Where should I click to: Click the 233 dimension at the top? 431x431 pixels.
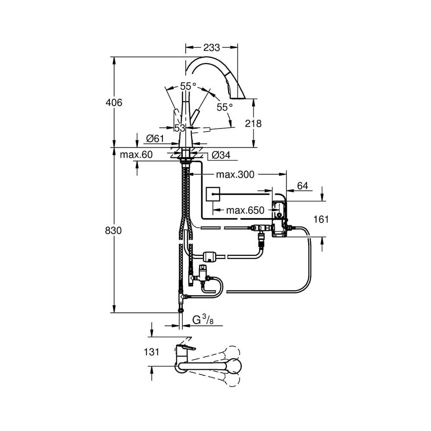(211, 48)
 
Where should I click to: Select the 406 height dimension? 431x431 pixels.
(114, 103)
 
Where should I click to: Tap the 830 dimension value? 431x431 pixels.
(114, 231)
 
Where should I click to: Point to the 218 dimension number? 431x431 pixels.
(253, 124)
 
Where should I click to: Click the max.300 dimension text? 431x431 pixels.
(235, 174)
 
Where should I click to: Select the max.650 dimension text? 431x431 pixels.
(245, 211)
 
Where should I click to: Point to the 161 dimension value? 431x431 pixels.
(321, 219)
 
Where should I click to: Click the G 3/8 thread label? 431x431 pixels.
(202, 320)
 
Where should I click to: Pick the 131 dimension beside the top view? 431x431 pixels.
(152, 352)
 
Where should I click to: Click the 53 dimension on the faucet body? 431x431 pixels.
(179, 128)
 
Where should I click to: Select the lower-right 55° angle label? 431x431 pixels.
(225, 107)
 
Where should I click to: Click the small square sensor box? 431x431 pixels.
(213, 194)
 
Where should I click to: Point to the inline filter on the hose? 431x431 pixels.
(211, 256)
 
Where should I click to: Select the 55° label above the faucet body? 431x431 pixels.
(188, 87)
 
